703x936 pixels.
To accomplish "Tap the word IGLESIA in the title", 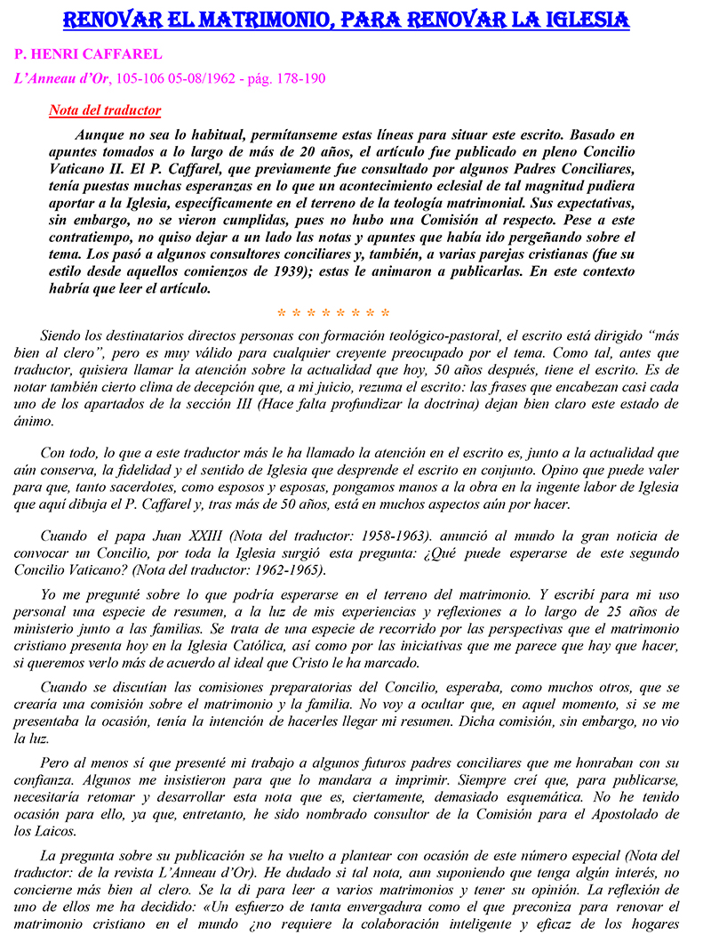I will point(578,19).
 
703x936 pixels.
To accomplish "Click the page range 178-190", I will point(301,78).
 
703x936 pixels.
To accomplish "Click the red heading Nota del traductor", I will point(105,111).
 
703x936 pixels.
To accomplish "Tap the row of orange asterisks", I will point(333,313).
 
